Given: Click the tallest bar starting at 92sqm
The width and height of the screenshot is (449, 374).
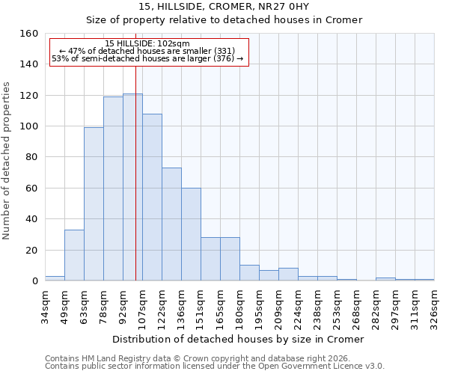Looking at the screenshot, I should click(x=132, y=187).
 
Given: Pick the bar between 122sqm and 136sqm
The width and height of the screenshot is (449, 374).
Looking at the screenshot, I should click(x=171, y=224).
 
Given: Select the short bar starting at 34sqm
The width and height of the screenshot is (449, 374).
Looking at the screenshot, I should click(x=55, y=278).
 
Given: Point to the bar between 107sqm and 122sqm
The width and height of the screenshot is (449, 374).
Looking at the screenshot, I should click(x=152, y=197).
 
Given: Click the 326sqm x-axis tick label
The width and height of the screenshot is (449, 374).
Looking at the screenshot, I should click(x=435, y=307).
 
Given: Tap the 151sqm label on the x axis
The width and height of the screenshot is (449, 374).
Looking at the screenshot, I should click(x=201, y=307).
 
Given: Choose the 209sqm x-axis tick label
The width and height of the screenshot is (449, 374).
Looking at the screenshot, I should click(x=279, y=307).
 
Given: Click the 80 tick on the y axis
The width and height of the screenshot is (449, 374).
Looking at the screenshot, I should click(x=31, y=157).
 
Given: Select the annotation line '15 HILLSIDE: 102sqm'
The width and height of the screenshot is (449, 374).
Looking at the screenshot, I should click(x=147, y=43).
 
